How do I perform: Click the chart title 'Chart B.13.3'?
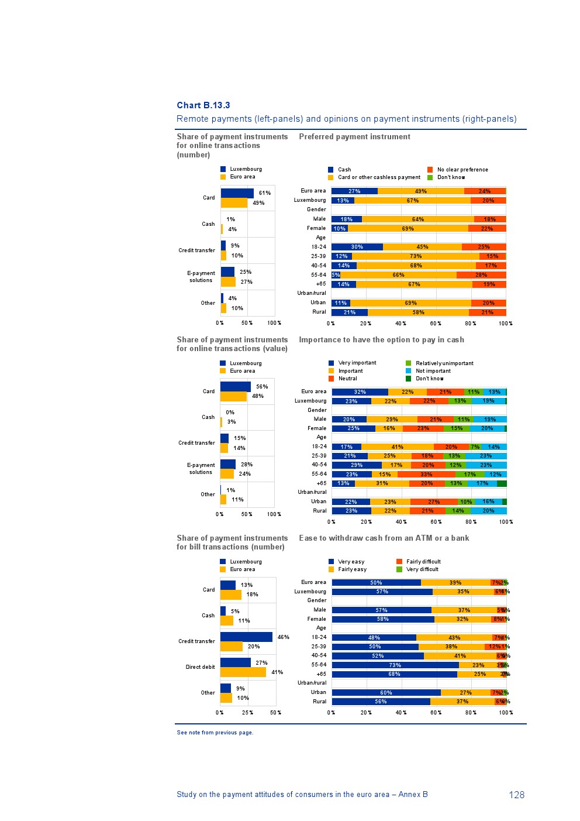click(x=203, y=105)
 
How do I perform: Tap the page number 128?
click(x=516, y=795)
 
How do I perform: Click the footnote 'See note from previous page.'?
click(x=215, y=733)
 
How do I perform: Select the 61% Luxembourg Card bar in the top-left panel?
click(x=237, y=193)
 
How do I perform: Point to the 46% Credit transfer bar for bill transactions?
click(x=246, y=637)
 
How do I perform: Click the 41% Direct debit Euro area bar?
click(x=243, y=672)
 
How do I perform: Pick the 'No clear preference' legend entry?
click(x=462, y=170)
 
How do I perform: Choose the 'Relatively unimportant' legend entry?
click(x=444, y=363)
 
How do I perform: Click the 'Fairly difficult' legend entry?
click(x=423, y=562)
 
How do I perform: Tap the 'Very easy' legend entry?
click(x=351, y=562)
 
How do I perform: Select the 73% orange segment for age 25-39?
click(x=415, y=256)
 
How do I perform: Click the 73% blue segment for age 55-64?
click(x=395, y=665)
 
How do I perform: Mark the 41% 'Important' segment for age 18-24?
click(x=397, y=447)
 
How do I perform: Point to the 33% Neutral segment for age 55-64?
click(x=426, y=475)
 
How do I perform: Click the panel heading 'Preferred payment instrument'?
click(x=354, y=137)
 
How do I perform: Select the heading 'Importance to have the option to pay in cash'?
click(x=381, y=340)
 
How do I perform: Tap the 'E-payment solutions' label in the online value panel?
click(x=201, y=469)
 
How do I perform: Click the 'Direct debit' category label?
click(x=200, y=667)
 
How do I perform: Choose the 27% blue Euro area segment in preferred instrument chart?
click(x=354, y=191)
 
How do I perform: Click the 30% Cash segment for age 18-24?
click(x=357, y=247)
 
